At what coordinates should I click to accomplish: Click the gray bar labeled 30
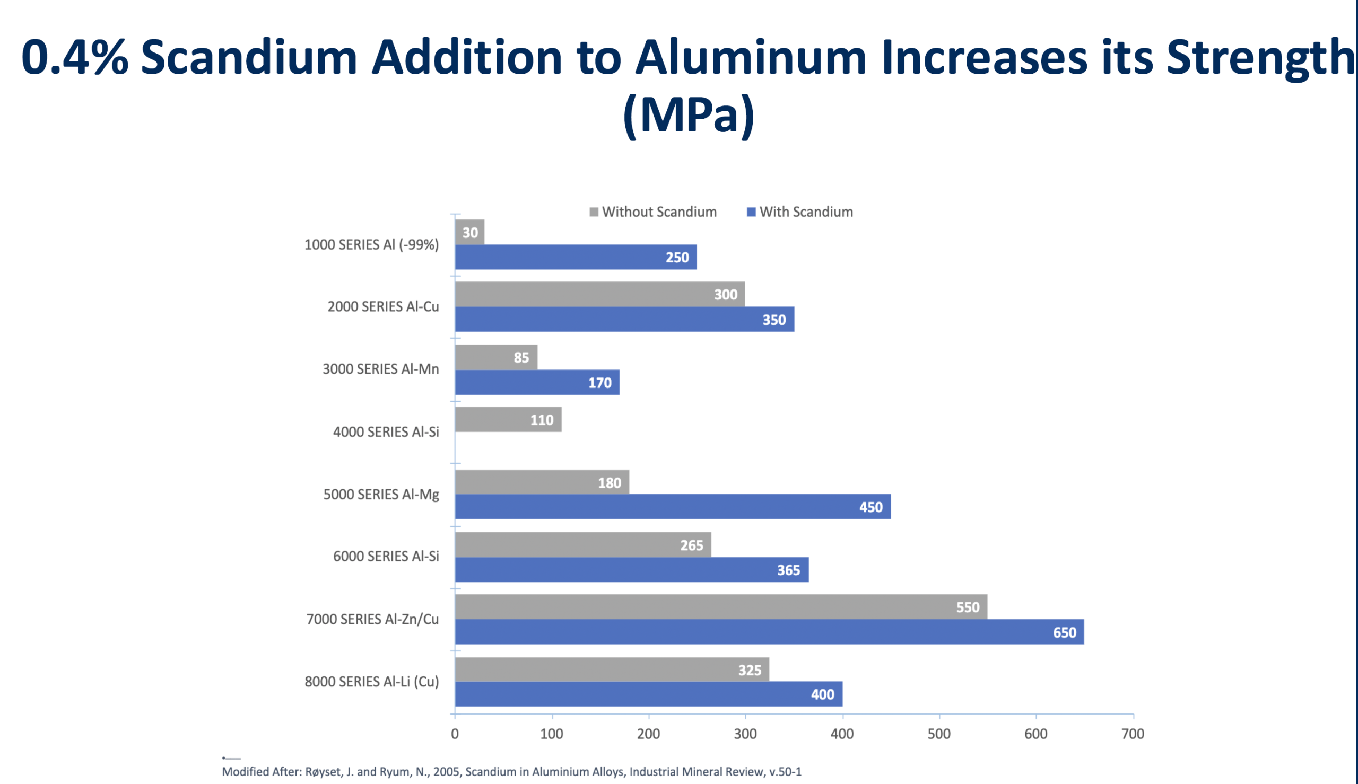(x=469, y=232)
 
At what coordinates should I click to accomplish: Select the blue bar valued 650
(x=769, y=632)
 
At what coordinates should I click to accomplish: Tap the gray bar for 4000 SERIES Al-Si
(x=508, y=419)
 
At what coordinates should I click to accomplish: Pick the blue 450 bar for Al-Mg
(x=672, y=507)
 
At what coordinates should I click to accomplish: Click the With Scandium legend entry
(x=800, y=212)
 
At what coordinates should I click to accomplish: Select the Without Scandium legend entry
(x=653, y=212)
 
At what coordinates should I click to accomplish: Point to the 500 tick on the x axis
(x=939, y=734)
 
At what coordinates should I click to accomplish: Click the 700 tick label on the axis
(x=1133, y=734)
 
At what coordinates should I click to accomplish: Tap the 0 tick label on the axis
(x=455, y=734)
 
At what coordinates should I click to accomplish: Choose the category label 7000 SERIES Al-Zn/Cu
(x=372, y=619)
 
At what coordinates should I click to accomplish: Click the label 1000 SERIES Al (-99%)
(x=371, y=245)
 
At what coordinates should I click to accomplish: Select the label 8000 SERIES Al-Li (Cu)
(x=372, y=682)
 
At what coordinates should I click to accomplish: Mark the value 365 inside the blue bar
(x=788, y=570)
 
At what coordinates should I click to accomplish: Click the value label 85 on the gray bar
(x=521, y=357)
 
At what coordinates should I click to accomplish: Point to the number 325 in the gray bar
(x=750, y=671)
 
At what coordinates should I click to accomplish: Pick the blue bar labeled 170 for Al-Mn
(x=536, y=383)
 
